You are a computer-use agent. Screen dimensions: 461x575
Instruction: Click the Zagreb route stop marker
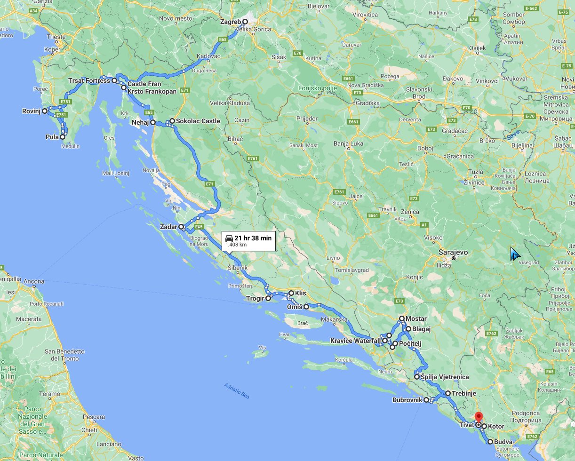coord(245,22)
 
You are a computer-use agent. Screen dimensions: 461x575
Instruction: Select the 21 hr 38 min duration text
coord(253,238)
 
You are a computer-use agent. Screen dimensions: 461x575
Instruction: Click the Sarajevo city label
coord(453,252)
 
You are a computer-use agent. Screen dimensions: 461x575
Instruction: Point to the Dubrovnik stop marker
coord(426,400)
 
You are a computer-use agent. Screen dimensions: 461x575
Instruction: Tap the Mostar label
coord(416,319)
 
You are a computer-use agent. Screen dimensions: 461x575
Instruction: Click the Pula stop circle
coord(62,137)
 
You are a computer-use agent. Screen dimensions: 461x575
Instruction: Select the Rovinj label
coord(32,111)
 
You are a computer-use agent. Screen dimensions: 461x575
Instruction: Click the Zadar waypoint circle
coord(181,227)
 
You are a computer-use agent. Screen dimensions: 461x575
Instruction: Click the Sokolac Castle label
coord(198,121)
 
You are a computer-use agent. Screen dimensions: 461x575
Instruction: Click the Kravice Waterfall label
coord(355,341)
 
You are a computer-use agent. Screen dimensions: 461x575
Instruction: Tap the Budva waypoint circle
coord(490,442)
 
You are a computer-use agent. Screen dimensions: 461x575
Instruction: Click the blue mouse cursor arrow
coord(514,254)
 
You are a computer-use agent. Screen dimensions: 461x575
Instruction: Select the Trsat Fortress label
coord(89,81)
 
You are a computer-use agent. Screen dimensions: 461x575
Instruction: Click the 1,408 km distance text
coord(236,245)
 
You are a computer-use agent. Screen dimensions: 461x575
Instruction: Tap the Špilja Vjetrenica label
coord(445,377)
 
